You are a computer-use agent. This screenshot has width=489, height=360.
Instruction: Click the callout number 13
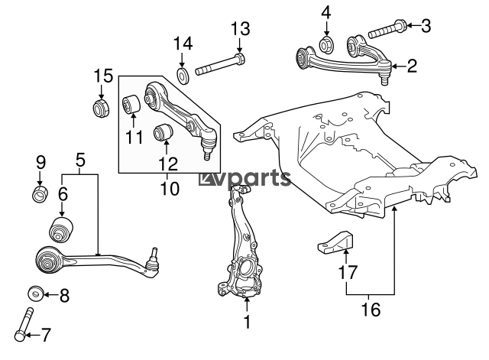pyautogui.click(x=240, y=29)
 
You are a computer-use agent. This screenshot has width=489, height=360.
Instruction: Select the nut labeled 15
pyautogui.click(x=101, y=109)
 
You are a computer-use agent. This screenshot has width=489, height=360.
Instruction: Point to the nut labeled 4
pyautogui.click(x=327, y=44)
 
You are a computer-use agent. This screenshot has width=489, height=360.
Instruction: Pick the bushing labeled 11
pyautogui.click(x=131, y=104)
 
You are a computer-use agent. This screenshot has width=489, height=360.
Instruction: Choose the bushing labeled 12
pyautogui.click(x=164, y=132)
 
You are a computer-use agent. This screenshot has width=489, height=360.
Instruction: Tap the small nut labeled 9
pyautogui.click(x=40, y=193)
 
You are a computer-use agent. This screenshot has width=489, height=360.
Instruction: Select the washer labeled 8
pyautogui.click(x=36, y=294)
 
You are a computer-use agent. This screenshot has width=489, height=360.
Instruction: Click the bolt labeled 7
pyautogui.click(x=24, y=324)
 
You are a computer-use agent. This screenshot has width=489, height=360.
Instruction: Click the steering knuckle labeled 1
pyautogui.click(x=240, y=242)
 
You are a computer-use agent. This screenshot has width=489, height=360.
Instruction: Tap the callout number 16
pyautogui.click(x=371, y=310)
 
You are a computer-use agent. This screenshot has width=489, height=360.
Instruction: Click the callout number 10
pyautogui.click(x=170, y=189)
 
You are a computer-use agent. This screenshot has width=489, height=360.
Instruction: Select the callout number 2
pyautogui.click(x=412, y=66)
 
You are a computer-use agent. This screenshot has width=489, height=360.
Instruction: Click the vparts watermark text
pyautogui.click(x=244, y=179)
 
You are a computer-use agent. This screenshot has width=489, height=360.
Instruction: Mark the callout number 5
pyautogui.click(x=80, y=161)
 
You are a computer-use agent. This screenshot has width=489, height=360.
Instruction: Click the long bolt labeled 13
pyautogui.click(x=220, y=64)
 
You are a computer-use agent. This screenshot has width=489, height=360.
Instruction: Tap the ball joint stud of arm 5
pyautogui.click(x=154, y=255)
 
